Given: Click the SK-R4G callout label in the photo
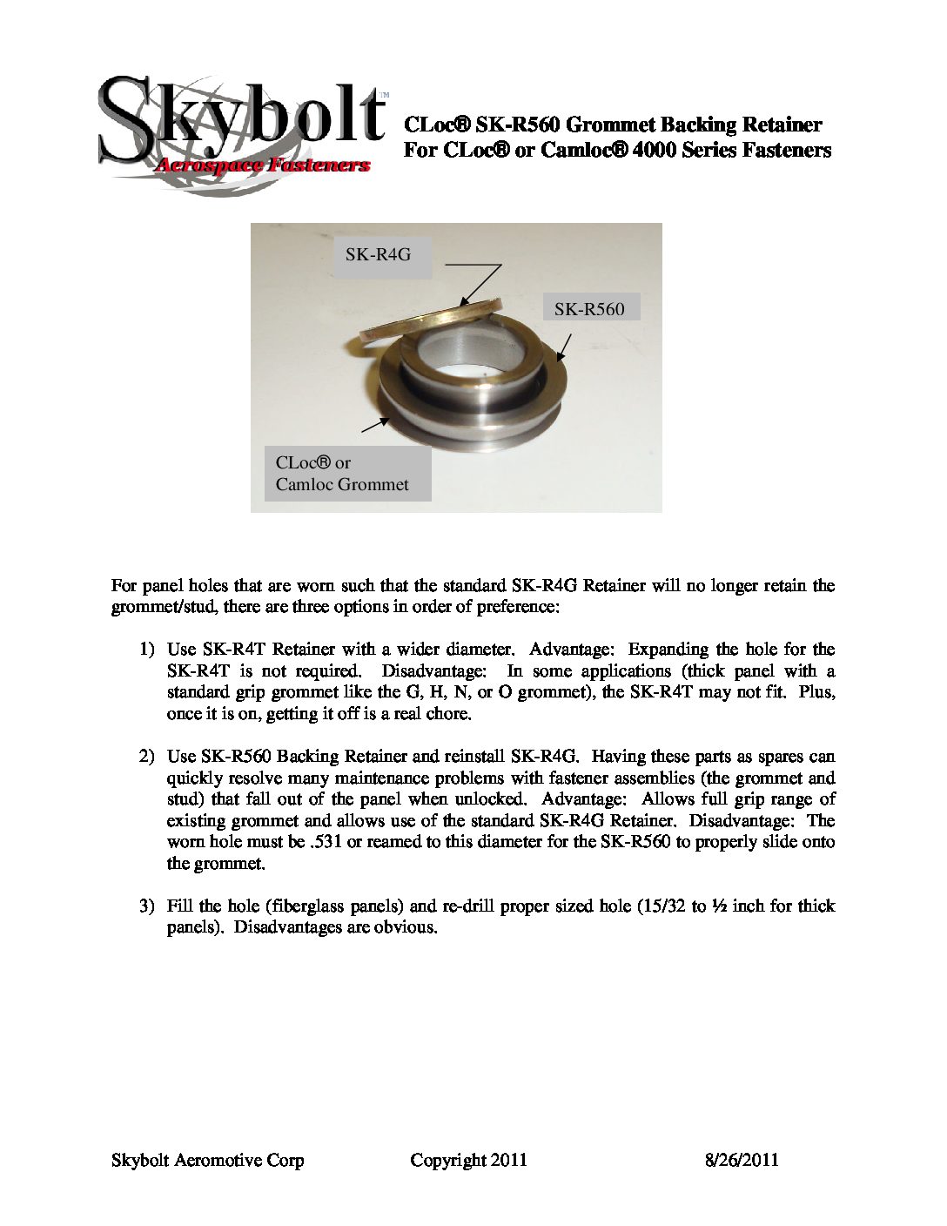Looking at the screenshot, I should (378, 255).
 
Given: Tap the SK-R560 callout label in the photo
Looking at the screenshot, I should (589, 308).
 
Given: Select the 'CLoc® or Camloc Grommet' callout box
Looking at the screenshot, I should (347, 474).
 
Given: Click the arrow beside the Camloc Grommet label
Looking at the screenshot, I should (374, 424).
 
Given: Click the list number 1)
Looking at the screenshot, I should (147, 650).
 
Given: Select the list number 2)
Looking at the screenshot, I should (147, 757).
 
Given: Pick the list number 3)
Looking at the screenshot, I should (147, 906).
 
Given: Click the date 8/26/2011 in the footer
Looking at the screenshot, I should (741, 1160).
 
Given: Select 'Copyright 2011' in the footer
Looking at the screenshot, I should (468, 1160).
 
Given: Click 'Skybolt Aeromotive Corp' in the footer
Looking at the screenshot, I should (208, 1160).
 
